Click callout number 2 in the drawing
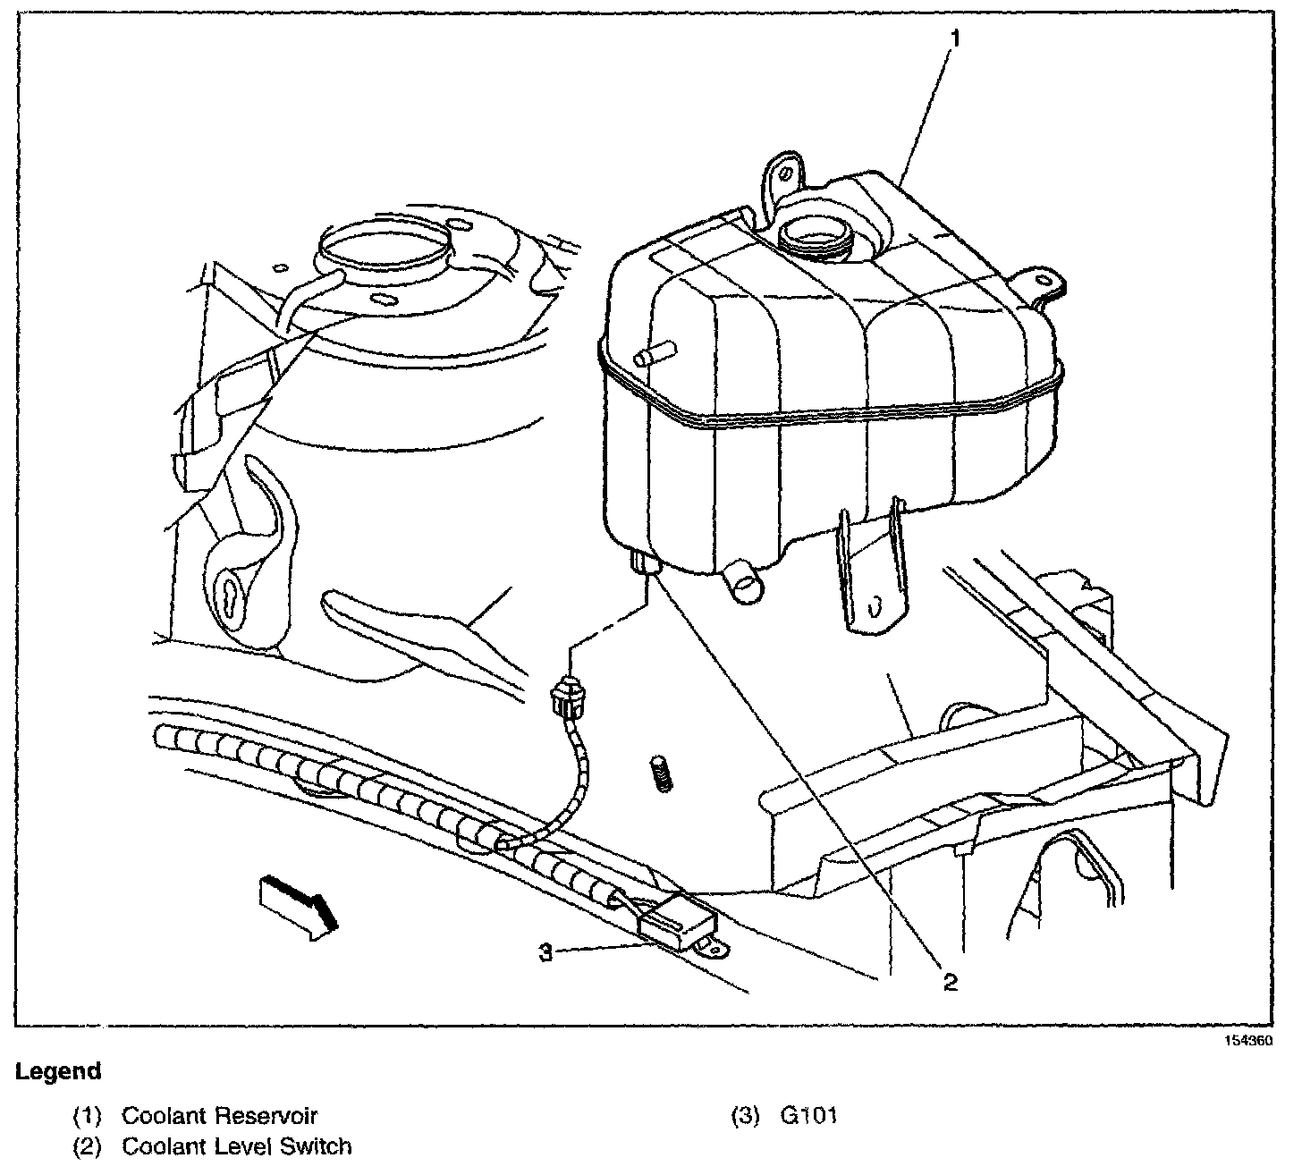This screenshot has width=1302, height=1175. (x=950, y=982)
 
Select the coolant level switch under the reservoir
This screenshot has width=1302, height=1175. (x=645, y=563)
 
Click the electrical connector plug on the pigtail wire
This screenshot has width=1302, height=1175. (x=566, y=696)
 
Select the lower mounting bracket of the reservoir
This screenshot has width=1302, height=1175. (x=868, y=572)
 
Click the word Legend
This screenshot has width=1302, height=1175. (x=58, y=1070)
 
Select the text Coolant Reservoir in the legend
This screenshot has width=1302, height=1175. (x=219, y=1115)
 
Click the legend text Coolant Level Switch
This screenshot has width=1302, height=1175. (x=236, y=1145)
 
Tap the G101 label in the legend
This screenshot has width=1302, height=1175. (x=808, y=1115)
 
